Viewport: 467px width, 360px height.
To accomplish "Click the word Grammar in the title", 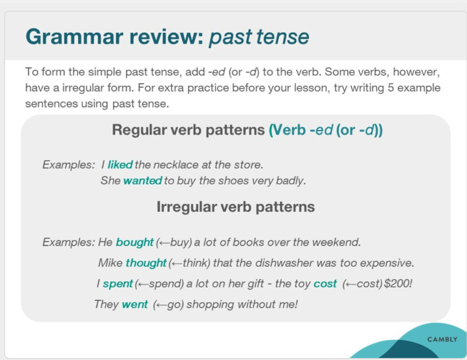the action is [x=74, y=37].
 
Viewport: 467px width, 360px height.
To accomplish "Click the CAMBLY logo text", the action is [x=442, y=339].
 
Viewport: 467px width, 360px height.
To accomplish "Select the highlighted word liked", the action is [x=120, y=165].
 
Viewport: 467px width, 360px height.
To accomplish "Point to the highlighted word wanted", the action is [x=143, y=180].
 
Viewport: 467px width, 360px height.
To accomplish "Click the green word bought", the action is [x=135, y=242].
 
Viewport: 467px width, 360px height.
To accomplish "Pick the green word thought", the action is [x=146, y=263].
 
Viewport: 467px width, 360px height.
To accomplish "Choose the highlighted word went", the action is [x=135, y=304].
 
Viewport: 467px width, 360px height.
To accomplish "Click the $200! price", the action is [x=398, y=283].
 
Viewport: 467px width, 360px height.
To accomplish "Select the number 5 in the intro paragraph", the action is [x=391, y=88].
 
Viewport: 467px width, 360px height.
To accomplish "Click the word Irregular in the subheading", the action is [x=187, y=206].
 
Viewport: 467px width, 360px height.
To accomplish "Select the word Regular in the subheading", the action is [x=140, y=130].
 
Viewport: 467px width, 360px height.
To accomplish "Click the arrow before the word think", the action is [x=176, y=263].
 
